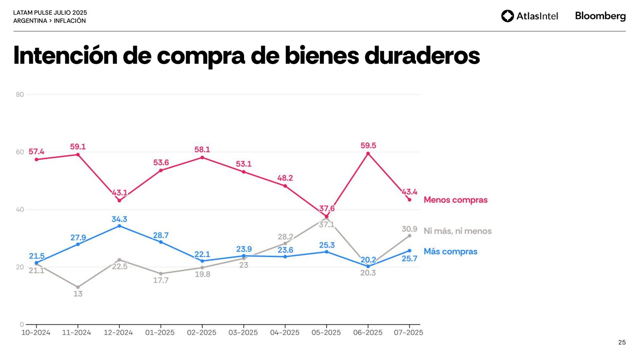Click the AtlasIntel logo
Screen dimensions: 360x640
(529, 16)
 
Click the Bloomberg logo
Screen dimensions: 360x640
(600, 16)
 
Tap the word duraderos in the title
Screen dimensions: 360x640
(422, 56)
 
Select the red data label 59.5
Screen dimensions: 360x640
(368, 146)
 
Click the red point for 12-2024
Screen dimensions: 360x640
(119, 200)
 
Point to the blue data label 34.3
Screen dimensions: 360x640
(119, 219)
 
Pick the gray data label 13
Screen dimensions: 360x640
(78, 294)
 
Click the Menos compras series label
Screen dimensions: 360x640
(456, 200)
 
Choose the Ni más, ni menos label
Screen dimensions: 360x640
(458, 231)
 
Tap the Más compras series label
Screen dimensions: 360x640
(450, 252)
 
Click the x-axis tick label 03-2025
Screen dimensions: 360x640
(243, 332)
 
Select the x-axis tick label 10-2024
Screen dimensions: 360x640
(36, 332)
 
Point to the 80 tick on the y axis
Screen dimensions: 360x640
(20, 95)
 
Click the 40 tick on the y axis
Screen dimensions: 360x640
(20, 210)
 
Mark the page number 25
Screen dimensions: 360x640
(622, 342)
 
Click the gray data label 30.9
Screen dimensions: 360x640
(409, 229)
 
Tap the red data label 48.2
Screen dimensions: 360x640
(285, 178)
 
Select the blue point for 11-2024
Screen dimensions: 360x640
(78, 244)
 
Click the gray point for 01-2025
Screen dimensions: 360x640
(161, 274)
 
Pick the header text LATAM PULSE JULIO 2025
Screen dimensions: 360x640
(50, 13)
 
